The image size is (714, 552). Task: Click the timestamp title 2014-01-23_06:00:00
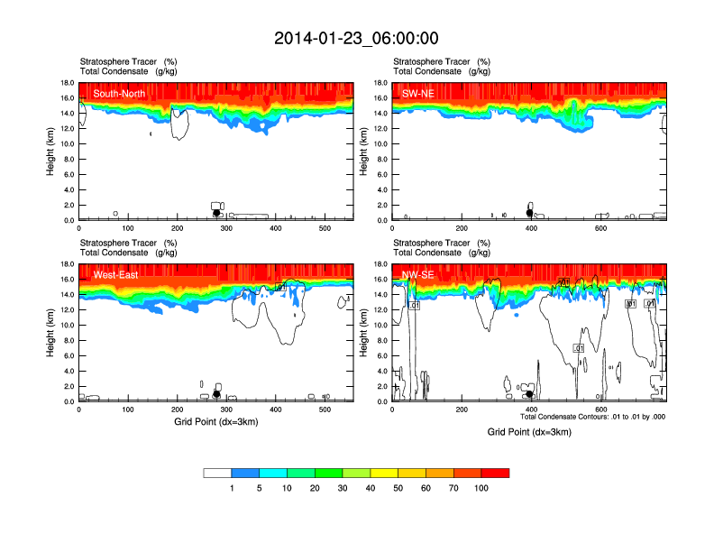tap(356, 38)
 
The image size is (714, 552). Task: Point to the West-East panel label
tap(115, 275)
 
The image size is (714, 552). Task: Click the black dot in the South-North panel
tap(216, 213)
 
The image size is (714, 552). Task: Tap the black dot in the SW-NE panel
tap(530, 213)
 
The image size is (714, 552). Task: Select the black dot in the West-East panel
tap(216, 394)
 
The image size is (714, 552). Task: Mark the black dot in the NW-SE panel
tap(529, 394)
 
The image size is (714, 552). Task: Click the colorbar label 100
tap(481, 488)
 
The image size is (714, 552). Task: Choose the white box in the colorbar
tap(217, 473)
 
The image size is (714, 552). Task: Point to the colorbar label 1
tap(232, 488)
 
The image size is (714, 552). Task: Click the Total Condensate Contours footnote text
tap(592, 417)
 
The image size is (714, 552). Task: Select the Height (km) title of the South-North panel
tap(51, 152)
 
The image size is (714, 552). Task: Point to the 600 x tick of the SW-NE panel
tap(600, 229)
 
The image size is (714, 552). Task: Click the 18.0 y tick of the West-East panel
tap(67, 264)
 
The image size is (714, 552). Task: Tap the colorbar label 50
tap(398, 488)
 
